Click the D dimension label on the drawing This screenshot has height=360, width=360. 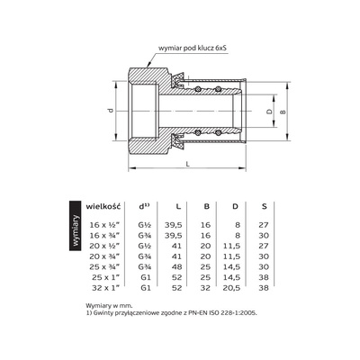[266, 112]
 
